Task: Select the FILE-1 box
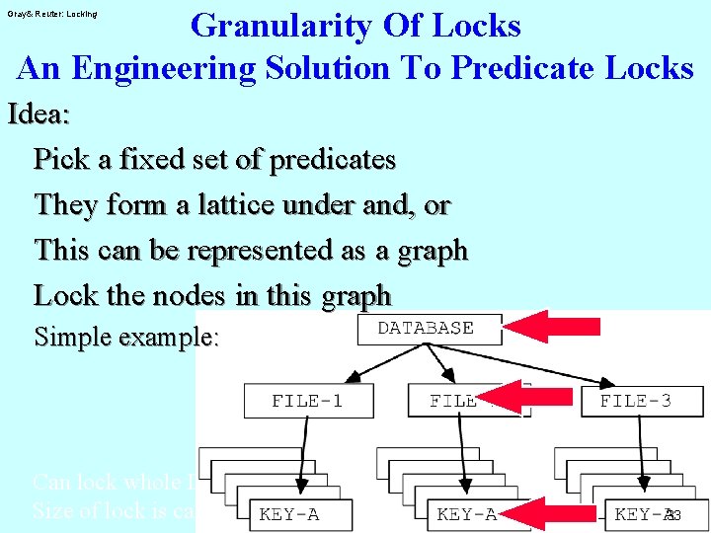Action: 308,401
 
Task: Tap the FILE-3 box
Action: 635,401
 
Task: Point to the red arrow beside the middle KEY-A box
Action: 557,512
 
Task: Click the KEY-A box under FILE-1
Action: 289,514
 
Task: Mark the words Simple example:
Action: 126,338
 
